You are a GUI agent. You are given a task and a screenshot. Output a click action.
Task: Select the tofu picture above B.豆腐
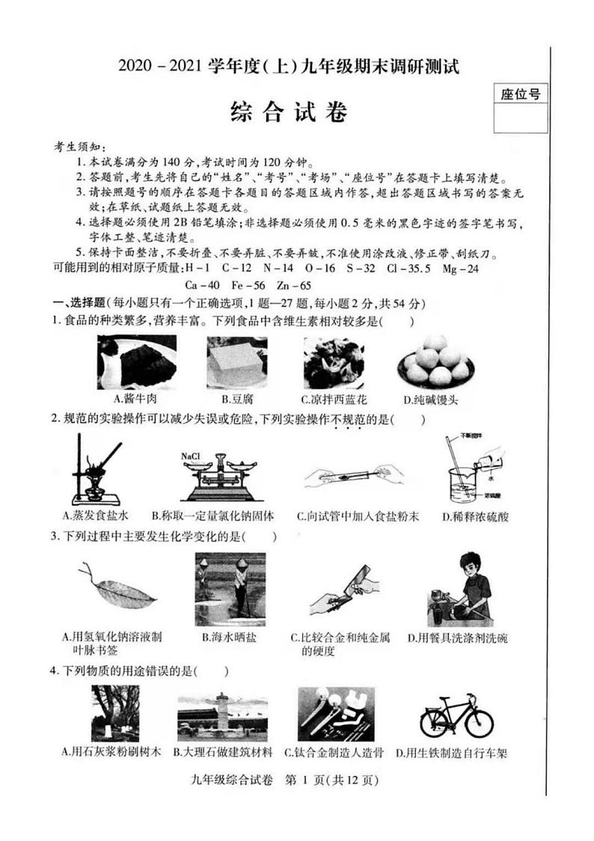pyautogui.click(x=236, y=361)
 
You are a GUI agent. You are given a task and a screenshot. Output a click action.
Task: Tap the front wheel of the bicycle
pyautogui.click(x=477, y=723)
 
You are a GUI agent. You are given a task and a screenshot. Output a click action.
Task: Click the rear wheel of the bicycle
pyautogui.click(x=436, y=723)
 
